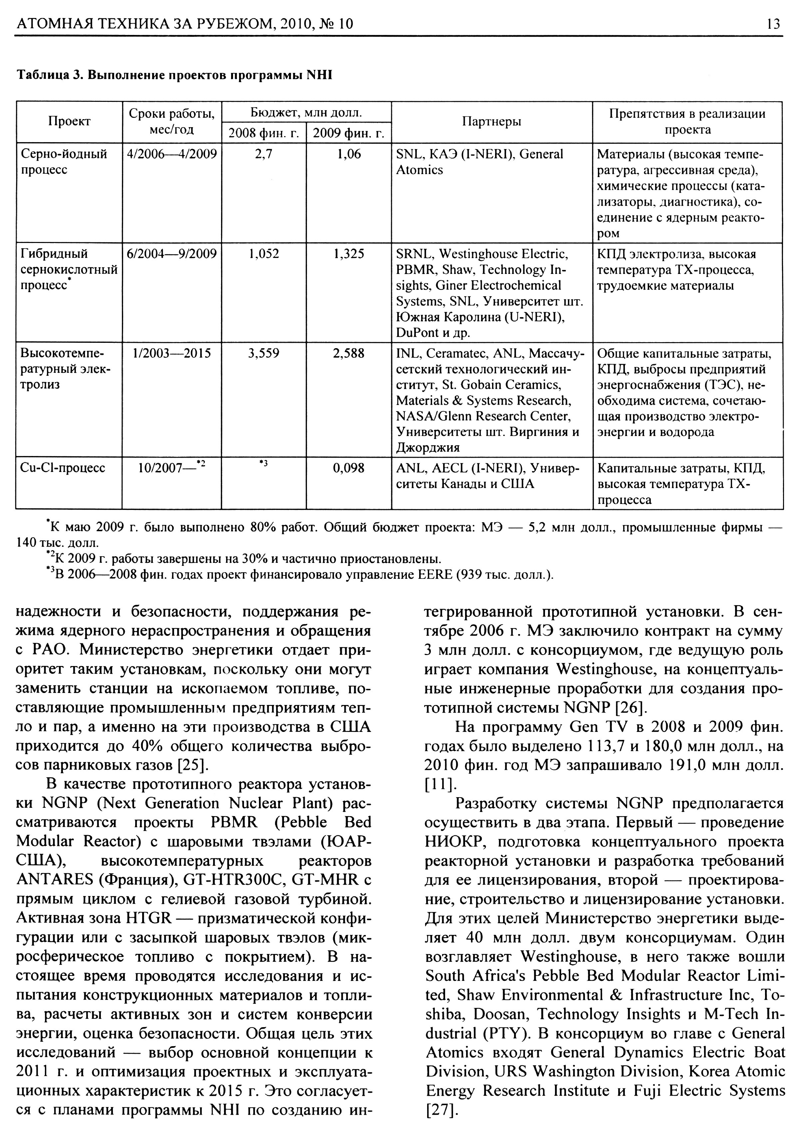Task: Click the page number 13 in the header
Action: [x=773, y=24]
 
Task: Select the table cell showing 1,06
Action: [x=349, y=154]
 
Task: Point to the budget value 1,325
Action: [x=349, y=254]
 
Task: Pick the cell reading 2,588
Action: [x=349, y=353]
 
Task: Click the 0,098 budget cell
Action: [x=349, y=468]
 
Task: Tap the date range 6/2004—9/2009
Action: [x=172, y=254]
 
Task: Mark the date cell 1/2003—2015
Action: [x=172, y=353]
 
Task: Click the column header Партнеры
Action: [x=491, y=122]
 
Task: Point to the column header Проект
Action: [x=69, y=122]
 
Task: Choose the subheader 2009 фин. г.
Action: [x=349, y=133]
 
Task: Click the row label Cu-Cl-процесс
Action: [x=63, y=468]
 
